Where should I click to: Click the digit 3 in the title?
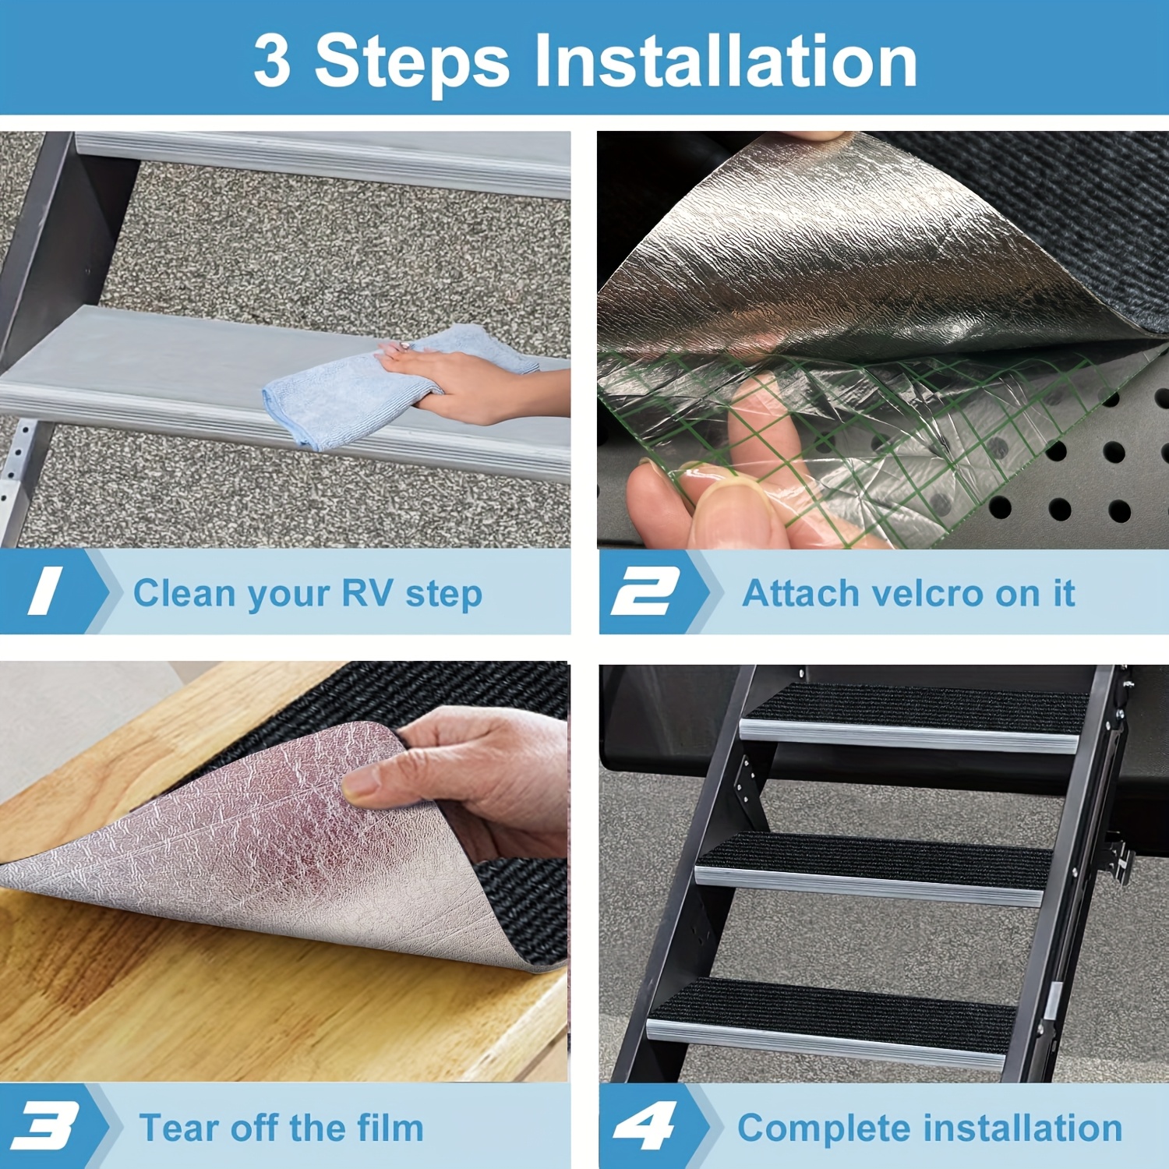[272, 61]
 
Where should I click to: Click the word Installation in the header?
[725, 61]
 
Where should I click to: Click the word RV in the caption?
[366, 593]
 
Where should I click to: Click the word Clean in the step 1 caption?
[185, 593]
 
